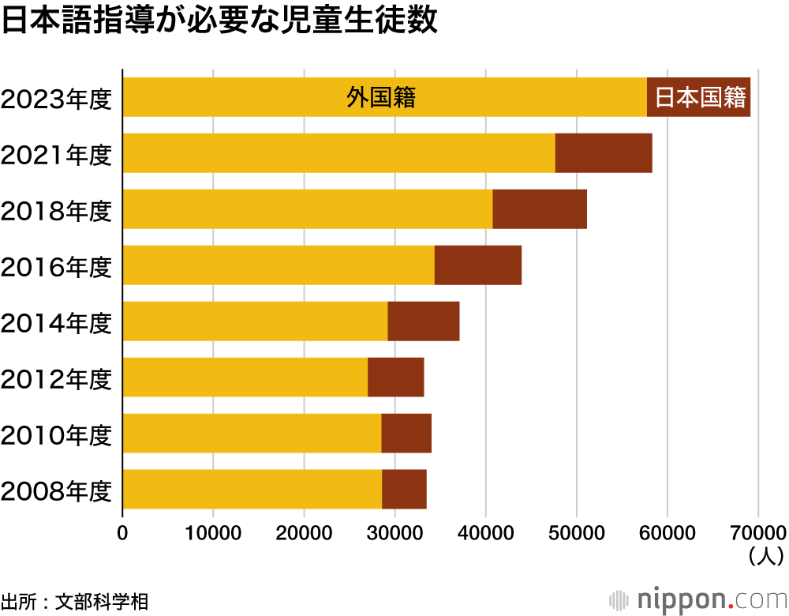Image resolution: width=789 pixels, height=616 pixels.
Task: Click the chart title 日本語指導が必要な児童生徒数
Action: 219,22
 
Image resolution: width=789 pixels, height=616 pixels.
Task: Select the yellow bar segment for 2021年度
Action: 339,153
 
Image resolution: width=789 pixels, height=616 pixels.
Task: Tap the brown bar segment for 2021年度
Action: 604,153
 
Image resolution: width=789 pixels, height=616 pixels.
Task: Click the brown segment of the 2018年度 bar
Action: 540,209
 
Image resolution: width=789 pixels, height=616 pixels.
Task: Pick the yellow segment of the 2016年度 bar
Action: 279,265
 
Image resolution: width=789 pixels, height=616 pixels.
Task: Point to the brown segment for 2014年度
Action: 424,321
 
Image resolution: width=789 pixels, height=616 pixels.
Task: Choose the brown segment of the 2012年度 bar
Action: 396,377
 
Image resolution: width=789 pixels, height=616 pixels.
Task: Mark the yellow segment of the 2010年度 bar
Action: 252,434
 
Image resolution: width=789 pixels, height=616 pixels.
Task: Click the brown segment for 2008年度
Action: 404,490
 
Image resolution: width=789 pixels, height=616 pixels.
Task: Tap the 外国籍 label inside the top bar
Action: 381,97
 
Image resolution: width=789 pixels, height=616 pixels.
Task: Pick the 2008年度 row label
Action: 57,491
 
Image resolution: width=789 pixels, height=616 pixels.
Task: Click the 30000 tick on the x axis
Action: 394,533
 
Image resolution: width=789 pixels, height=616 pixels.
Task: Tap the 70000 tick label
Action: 757,533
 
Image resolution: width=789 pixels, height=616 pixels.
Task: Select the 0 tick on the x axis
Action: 123,533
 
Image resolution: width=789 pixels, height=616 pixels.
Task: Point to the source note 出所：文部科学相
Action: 75,600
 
